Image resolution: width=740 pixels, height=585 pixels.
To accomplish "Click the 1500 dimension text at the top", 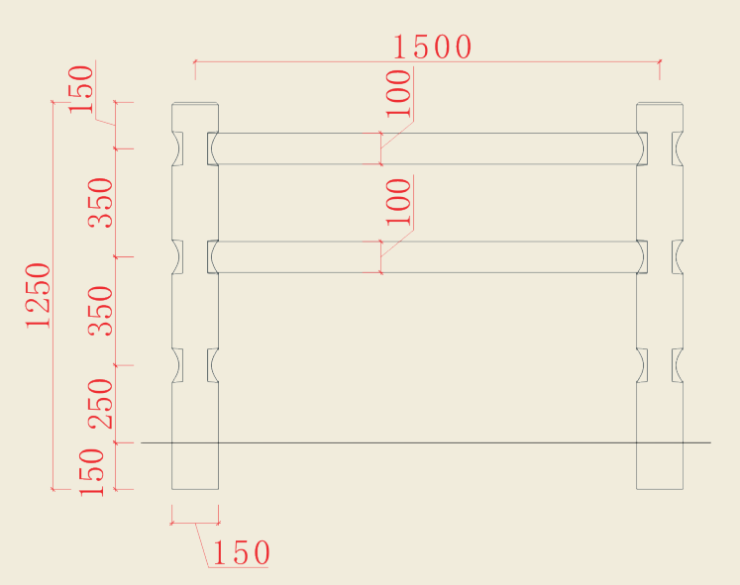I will pyautogui.click(x=432, y=47).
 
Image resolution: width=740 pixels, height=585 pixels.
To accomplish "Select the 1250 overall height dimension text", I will pyautogui.click(x=39, y=295).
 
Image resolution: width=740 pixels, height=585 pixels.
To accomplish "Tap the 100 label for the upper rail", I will pyautogui.click(x=398, y=93).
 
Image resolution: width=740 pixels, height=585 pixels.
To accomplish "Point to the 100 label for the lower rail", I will pyautogui.click(x=398, y=202).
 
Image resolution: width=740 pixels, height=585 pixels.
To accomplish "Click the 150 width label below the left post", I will pyautogui.click(x=239, y=553).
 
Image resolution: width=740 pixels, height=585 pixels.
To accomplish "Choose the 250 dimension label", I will pyautogui.click(x=102, y=404).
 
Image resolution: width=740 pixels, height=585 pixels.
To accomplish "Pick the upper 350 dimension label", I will pyautogui.click(x=102, y=203).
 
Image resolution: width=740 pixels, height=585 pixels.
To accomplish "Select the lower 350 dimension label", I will pyautogui.click(x=102, y=311).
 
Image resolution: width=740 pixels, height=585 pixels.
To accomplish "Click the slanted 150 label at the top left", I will pyautogui.click(x=81, y=88).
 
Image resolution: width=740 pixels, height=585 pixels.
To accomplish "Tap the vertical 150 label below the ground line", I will pyautogui.click(x=92, y=472).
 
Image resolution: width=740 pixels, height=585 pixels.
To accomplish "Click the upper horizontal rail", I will pyautogui.click(x=426, y=148).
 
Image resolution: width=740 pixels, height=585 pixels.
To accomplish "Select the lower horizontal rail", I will pyautogui.click(x=426, y=257).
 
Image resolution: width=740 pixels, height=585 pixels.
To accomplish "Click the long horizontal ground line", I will pyautogui.click(x=426, y=442).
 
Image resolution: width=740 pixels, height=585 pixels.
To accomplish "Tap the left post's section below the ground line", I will pyautogui.click(x=195, y=466).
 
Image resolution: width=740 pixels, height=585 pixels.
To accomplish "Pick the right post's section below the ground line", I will pyautogui.click(x=660, y=466).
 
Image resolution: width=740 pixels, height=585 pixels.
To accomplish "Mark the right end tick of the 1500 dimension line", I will pyautogui.click(x=660, y=62).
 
